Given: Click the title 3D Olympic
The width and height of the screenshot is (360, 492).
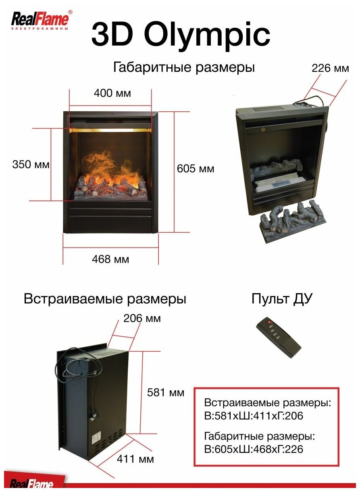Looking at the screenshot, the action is [180, 35].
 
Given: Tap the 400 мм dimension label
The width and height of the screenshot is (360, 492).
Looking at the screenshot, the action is [112, 93].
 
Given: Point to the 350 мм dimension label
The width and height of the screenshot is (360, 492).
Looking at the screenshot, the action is [31, 165].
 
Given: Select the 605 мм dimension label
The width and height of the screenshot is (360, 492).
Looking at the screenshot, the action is [196, 169].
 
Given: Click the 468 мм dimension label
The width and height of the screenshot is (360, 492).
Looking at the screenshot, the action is [110, 259].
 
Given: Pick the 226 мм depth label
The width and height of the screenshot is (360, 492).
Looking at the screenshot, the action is [330, 68].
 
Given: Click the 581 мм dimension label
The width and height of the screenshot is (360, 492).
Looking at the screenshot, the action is [166, 392].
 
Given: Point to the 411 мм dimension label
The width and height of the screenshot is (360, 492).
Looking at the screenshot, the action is [135, 459].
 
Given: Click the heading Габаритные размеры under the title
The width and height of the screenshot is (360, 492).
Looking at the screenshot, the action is [184, 67].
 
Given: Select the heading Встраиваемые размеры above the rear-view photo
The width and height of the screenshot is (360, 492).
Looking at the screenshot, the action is [105, 299].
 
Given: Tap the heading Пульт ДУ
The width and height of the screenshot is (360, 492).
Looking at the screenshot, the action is [282, 299].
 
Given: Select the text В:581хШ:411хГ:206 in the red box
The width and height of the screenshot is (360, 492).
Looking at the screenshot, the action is [254, 416].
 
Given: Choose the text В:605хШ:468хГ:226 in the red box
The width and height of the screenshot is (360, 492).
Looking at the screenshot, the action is [254, 449].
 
